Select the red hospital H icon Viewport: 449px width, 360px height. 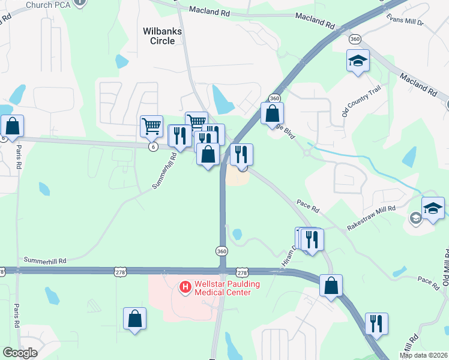(x=185, y=287)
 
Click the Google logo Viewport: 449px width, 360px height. (x=20, y=353)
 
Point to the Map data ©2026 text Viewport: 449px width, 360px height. (x=423, y=355)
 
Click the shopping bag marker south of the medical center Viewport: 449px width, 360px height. (x=135, y=319)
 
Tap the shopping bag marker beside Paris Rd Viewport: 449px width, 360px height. (x=12, y=126)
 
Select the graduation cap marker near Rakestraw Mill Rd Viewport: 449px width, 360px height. (x=433, y=208)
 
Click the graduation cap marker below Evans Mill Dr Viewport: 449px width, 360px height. (x=358, y=61)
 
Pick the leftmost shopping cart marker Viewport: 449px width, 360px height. (x=151, y=126)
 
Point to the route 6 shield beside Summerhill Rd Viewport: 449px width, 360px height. (x=154, y=146)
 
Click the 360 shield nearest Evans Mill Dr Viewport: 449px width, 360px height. (x=355, y=39)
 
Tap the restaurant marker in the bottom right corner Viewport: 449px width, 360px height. (x=376, y=323)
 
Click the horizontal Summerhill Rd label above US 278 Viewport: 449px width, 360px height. (x=45, y=261)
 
